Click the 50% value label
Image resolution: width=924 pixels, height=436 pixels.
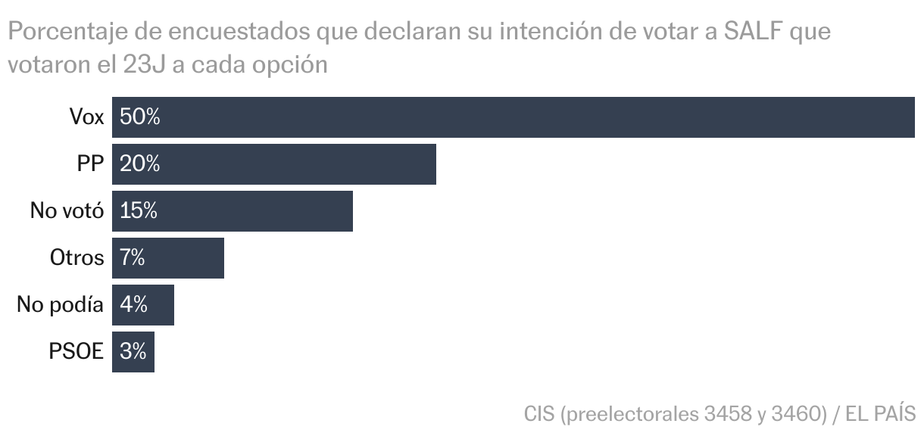[x=140, y=117]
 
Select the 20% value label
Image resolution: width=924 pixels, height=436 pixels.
[x=140, y=164]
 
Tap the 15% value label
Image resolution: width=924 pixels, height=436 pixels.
[x=139, y=211]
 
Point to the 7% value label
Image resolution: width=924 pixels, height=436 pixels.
[x=133, y=258]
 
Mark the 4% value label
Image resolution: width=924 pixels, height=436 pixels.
[x=133, y=305]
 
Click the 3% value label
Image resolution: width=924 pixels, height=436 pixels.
[x=133, y=352]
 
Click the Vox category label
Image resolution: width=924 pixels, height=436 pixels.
[x=86, y=117]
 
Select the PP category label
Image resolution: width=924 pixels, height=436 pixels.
[x=90, y=164]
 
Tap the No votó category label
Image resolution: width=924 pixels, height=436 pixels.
[x=67, y=211]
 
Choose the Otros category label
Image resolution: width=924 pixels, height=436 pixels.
[x=76, y=258]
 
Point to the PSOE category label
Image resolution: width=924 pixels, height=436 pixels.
[x=76, y=352]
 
